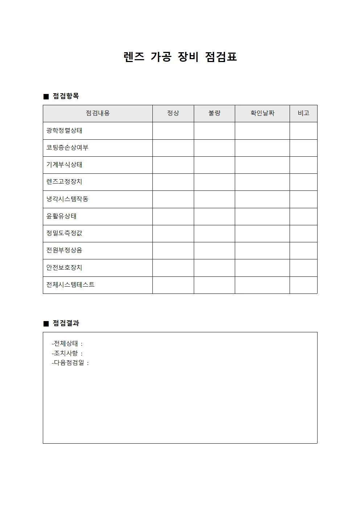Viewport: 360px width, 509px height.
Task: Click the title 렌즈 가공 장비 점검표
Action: (180, 57)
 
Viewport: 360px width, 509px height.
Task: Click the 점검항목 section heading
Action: (65, 96)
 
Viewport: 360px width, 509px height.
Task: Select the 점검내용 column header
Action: (98, 113)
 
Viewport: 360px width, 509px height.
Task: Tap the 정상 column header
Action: (173, 113)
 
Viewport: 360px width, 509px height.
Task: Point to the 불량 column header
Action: (214, 113)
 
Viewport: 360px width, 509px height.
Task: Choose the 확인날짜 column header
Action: (262, 113)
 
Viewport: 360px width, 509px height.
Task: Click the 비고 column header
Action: (303, 113)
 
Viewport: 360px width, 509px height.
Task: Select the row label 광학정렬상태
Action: (64, 131)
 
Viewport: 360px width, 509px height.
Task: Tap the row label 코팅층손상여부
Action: (67, 148)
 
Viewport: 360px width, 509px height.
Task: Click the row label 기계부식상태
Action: (64, 165)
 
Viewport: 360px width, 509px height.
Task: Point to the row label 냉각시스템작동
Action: (67, 199)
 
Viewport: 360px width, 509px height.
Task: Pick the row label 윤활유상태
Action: (61, 216)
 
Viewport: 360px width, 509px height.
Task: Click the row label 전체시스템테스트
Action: (70, 285)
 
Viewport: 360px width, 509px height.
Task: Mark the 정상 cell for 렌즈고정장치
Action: (173, 182)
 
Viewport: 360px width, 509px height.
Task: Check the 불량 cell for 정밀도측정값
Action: (214, 234)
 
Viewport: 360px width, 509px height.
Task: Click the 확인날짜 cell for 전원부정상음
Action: (262, 251)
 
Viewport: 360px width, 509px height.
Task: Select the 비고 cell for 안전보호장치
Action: (303, 268)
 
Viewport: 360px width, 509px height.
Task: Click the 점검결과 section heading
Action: (66, 323)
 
